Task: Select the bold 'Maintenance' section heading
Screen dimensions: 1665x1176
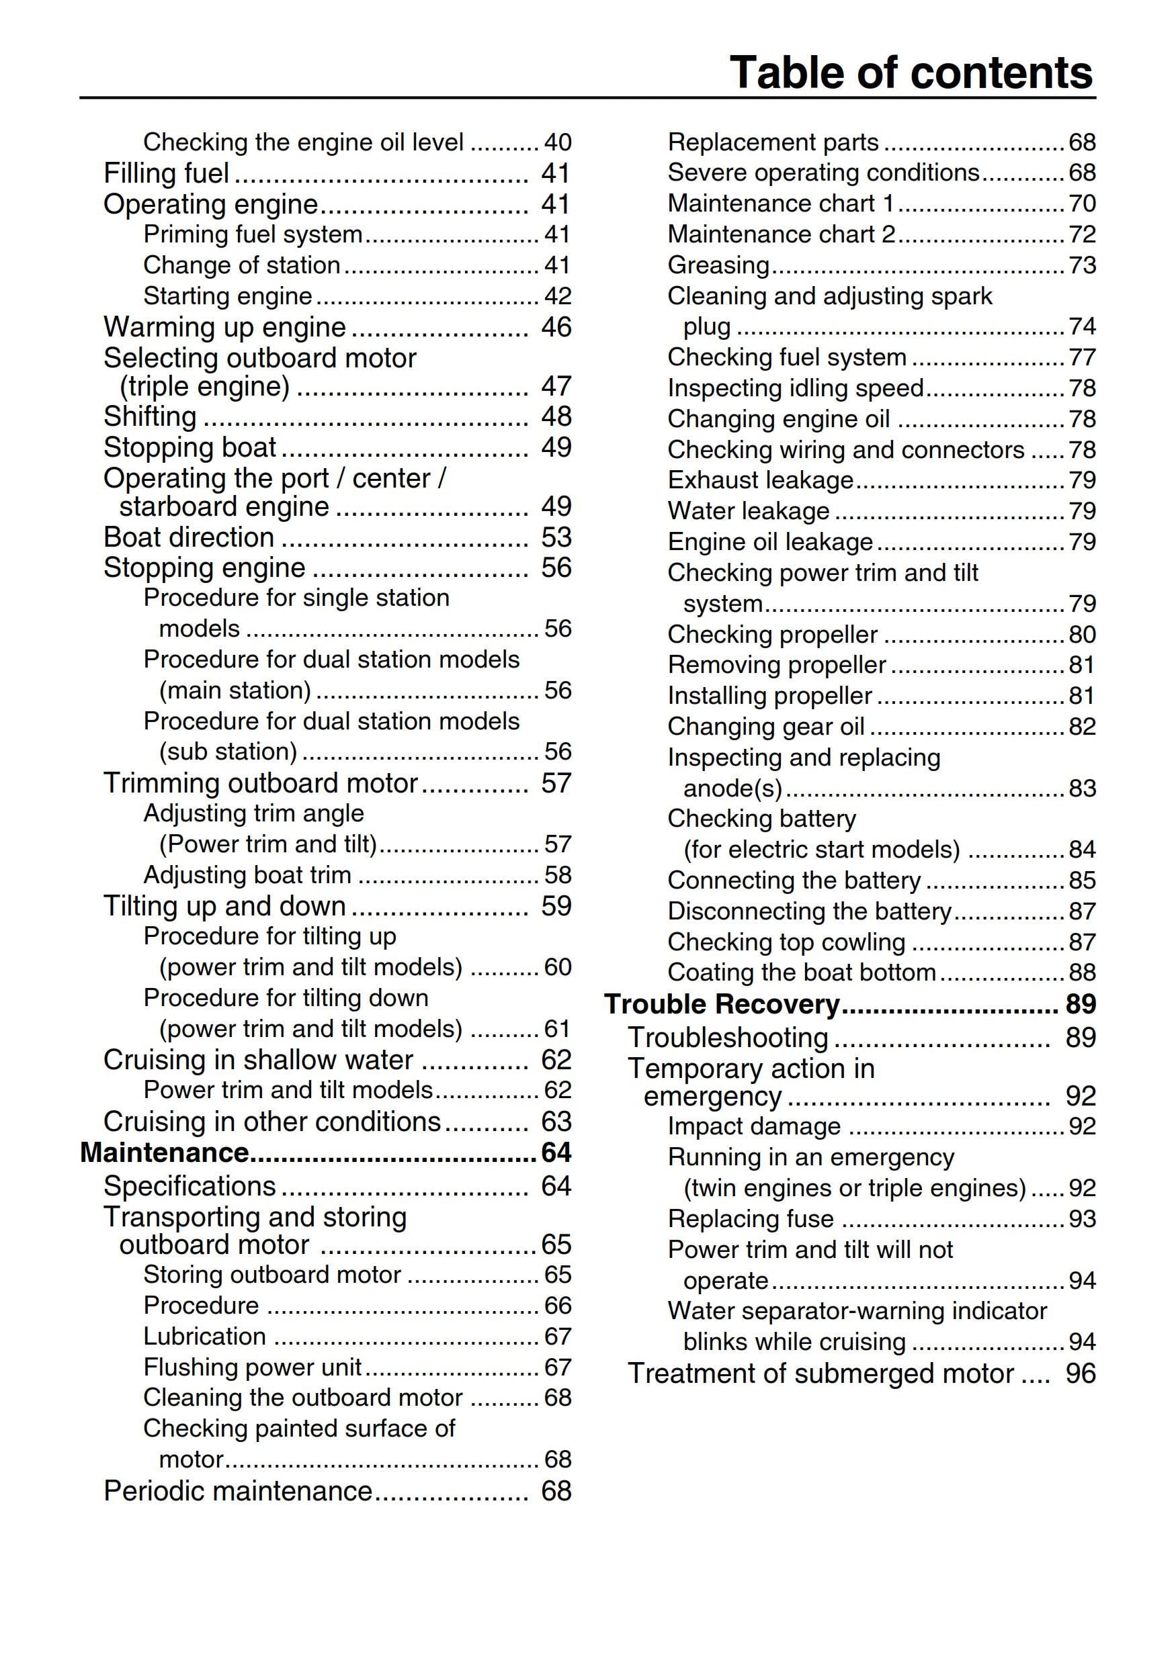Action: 165,1153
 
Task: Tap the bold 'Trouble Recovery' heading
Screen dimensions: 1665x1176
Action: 722,1004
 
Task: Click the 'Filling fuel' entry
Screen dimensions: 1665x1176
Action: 166,173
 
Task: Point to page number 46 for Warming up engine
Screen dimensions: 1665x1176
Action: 556,327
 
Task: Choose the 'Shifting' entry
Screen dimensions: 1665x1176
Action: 150,416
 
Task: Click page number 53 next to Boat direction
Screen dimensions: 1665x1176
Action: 556,537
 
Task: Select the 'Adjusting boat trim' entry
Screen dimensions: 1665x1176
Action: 247,875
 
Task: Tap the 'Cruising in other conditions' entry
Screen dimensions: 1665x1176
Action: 272,1122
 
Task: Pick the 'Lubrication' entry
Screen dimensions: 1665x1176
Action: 204,1337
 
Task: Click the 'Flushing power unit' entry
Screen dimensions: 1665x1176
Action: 253,1367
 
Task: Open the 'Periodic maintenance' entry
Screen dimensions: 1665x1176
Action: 238,1491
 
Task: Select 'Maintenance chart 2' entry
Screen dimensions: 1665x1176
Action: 782,234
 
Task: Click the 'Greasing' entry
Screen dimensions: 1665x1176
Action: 718,265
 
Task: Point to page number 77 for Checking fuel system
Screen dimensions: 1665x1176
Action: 1082,357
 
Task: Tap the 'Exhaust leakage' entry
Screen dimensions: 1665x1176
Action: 760,480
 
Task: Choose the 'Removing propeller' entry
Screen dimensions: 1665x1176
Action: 777,665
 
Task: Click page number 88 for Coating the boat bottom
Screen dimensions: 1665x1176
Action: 1082,973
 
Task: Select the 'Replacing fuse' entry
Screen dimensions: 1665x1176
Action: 751,1219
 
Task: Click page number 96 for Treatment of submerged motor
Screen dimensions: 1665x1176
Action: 1080,1374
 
